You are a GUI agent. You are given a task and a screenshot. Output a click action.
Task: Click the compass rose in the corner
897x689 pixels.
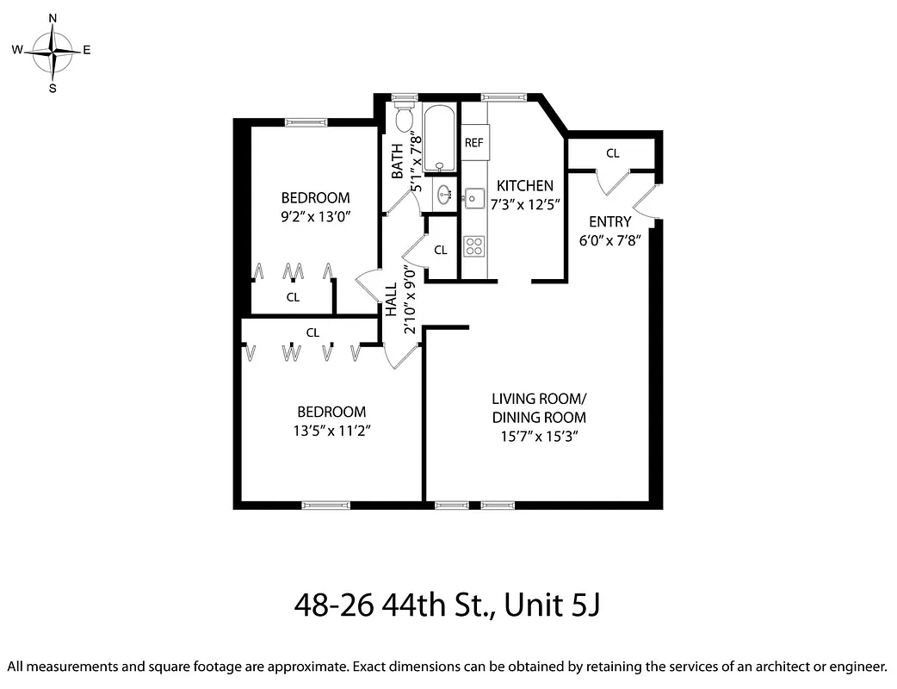pos(53,52)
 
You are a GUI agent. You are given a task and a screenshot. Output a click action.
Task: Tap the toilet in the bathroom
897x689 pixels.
pos(405,120)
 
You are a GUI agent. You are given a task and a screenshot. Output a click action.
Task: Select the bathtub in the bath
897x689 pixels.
pos(440,138)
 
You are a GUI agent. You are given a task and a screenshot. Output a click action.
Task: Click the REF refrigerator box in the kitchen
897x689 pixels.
pos(473,143)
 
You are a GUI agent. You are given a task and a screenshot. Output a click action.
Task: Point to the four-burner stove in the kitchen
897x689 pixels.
pos(473,247)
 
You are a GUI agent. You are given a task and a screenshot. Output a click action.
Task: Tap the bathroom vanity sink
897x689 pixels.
pos(444,195)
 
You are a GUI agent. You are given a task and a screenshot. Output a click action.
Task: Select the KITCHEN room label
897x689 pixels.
pos(525,186)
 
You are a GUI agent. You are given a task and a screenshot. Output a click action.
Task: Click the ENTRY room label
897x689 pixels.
pos(609,222)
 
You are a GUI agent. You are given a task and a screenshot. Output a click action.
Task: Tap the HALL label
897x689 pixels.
pos(391,298)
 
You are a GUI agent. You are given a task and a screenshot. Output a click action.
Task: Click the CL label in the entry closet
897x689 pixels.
pos(612,154)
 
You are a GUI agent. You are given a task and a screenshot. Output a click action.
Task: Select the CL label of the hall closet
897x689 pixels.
pos(440,251)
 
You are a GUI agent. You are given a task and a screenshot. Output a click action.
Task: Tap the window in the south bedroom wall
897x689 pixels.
pos(325,505)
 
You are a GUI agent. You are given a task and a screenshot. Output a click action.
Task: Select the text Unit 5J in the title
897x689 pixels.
pos(552,605)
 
